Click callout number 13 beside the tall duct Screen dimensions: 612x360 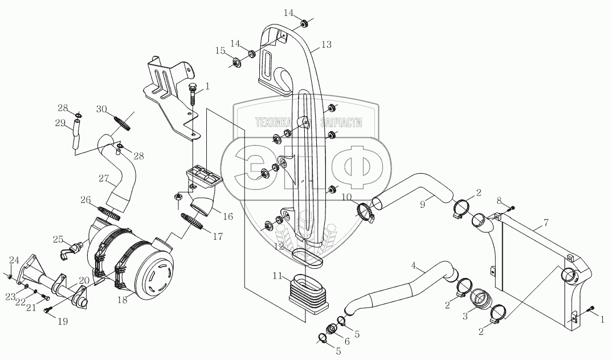(x=327, y=44)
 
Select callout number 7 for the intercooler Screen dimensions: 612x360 (x=546, y=223)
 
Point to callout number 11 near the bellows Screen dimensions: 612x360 (x=278, y=276)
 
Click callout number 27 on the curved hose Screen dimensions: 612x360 (x=104, y=179)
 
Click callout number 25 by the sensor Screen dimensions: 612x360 (x=58, y=238)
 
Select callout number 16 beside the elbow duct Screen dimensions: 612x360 (x=227, y=216)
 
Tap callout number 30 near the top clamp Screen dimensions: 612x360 (x=101, y=109)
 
